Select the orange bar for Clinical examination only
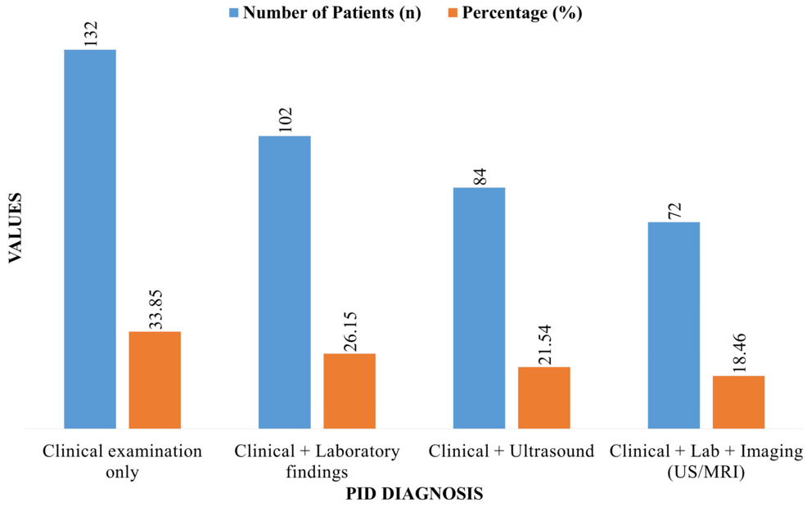point(155,379)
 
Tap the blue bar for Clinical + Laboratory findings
point(284,282)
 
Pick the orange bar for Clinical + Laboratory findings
point(349,391)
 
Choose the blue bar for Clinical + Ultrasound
point(479,307)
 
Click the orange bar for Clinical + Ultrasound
point(544,397)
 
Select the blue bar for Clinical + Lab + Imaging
point(674,325)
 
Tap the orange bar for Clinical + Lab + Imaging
point(738,402)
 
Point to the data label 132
point(90,34)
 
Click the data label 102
point(285,120)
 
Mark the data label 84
point(480,176)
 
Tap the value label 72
point(674,210)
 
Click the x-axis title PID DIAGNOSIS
point(413,494)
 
